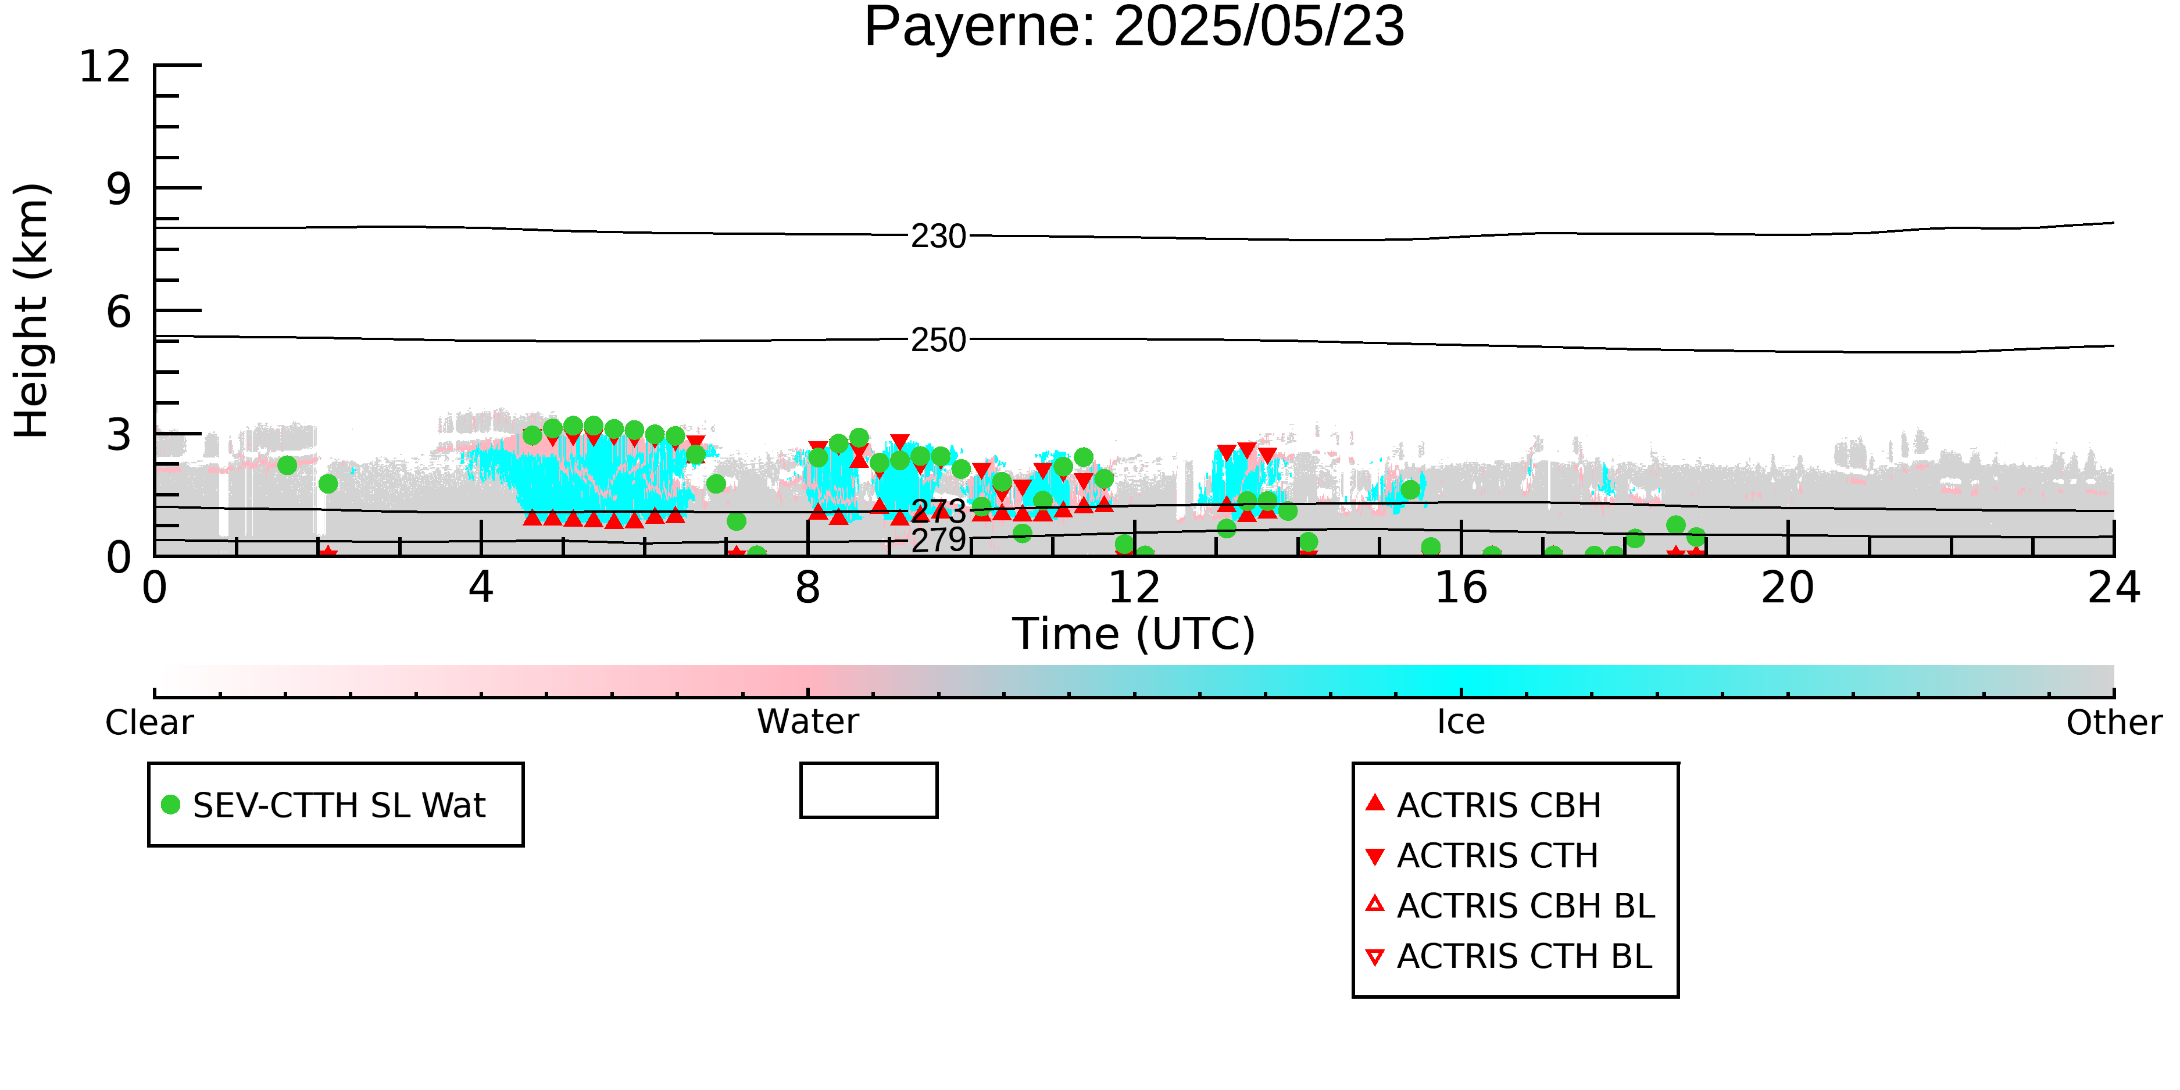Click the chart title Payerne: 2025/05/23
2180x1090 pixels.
tap(1134, 27)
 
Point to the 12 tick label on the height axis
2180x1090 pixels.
tap(105, 66)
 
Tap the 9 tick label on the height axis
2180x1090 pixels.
tap(119, 189)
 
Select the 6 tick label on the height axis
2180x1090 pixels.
tap(119, 312)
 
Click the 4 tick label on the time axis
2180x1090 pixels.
tap(481, 587)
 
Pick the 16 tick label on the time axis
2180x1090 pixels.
tap(1461, 587)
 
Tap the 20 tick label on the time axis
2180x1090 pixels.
tap(1788, 587)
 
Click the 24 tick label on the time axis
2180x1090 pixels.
tap(2114, 587)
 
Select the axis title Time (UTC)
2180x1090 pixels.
tap(1134, 634)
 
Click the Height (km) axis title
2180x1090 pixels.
tap(32, 310)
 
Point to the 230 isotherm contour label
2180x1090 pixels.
tap(938, 236)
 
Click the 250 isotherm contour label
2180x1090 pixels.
tap(938, 340)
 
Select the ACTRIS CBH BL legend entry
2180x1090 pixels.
tap(1510, 906)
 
